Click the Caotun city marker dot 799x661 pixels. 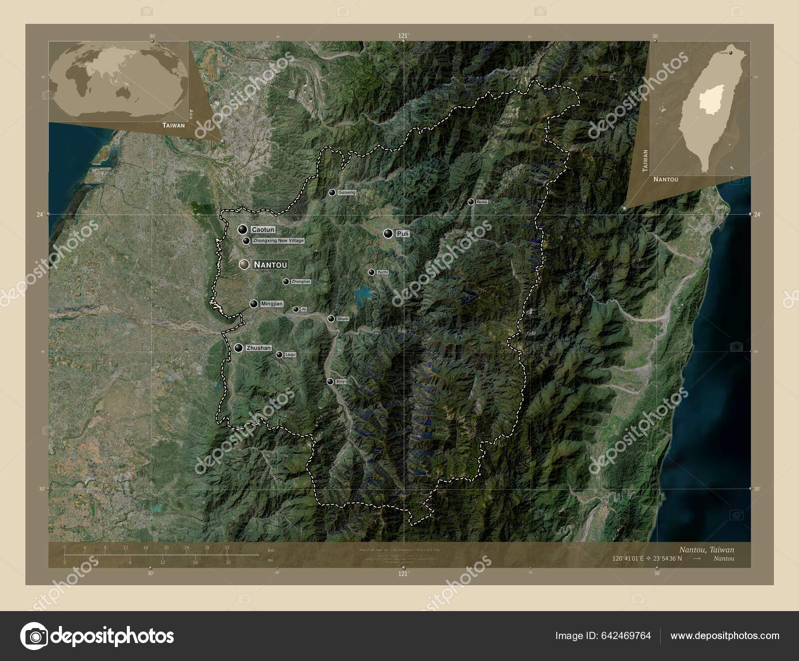tap(243, 230)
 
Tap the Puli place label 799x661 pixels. tap(402, 234)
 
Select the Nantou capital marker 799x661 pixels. tap(244, 265)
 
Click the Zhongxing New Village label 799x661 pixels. tap(278, 241)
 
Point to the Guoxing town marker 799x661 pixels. tap(332, 193)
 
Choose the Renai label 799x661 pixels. tap(482, 202)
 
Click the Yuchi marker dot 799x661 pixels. tap(371, 272)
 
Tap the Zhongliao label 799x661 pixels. tap(301, 282)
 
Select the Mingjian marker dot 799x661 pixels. tap(254, 304)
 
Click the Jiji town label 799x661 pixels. tap(304, 310)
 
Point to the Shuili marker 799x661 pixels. tap(331, 319)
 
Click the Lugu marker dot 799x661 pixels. tap(279, 354)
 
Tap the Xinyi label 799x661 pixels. tap(341, 381)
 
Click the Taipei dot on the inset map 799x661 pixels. tap(732, 51)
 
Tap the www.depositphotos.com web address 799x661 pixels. tap(725, 636)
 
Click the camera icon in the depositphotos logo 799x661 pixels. tap(34, 636)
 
